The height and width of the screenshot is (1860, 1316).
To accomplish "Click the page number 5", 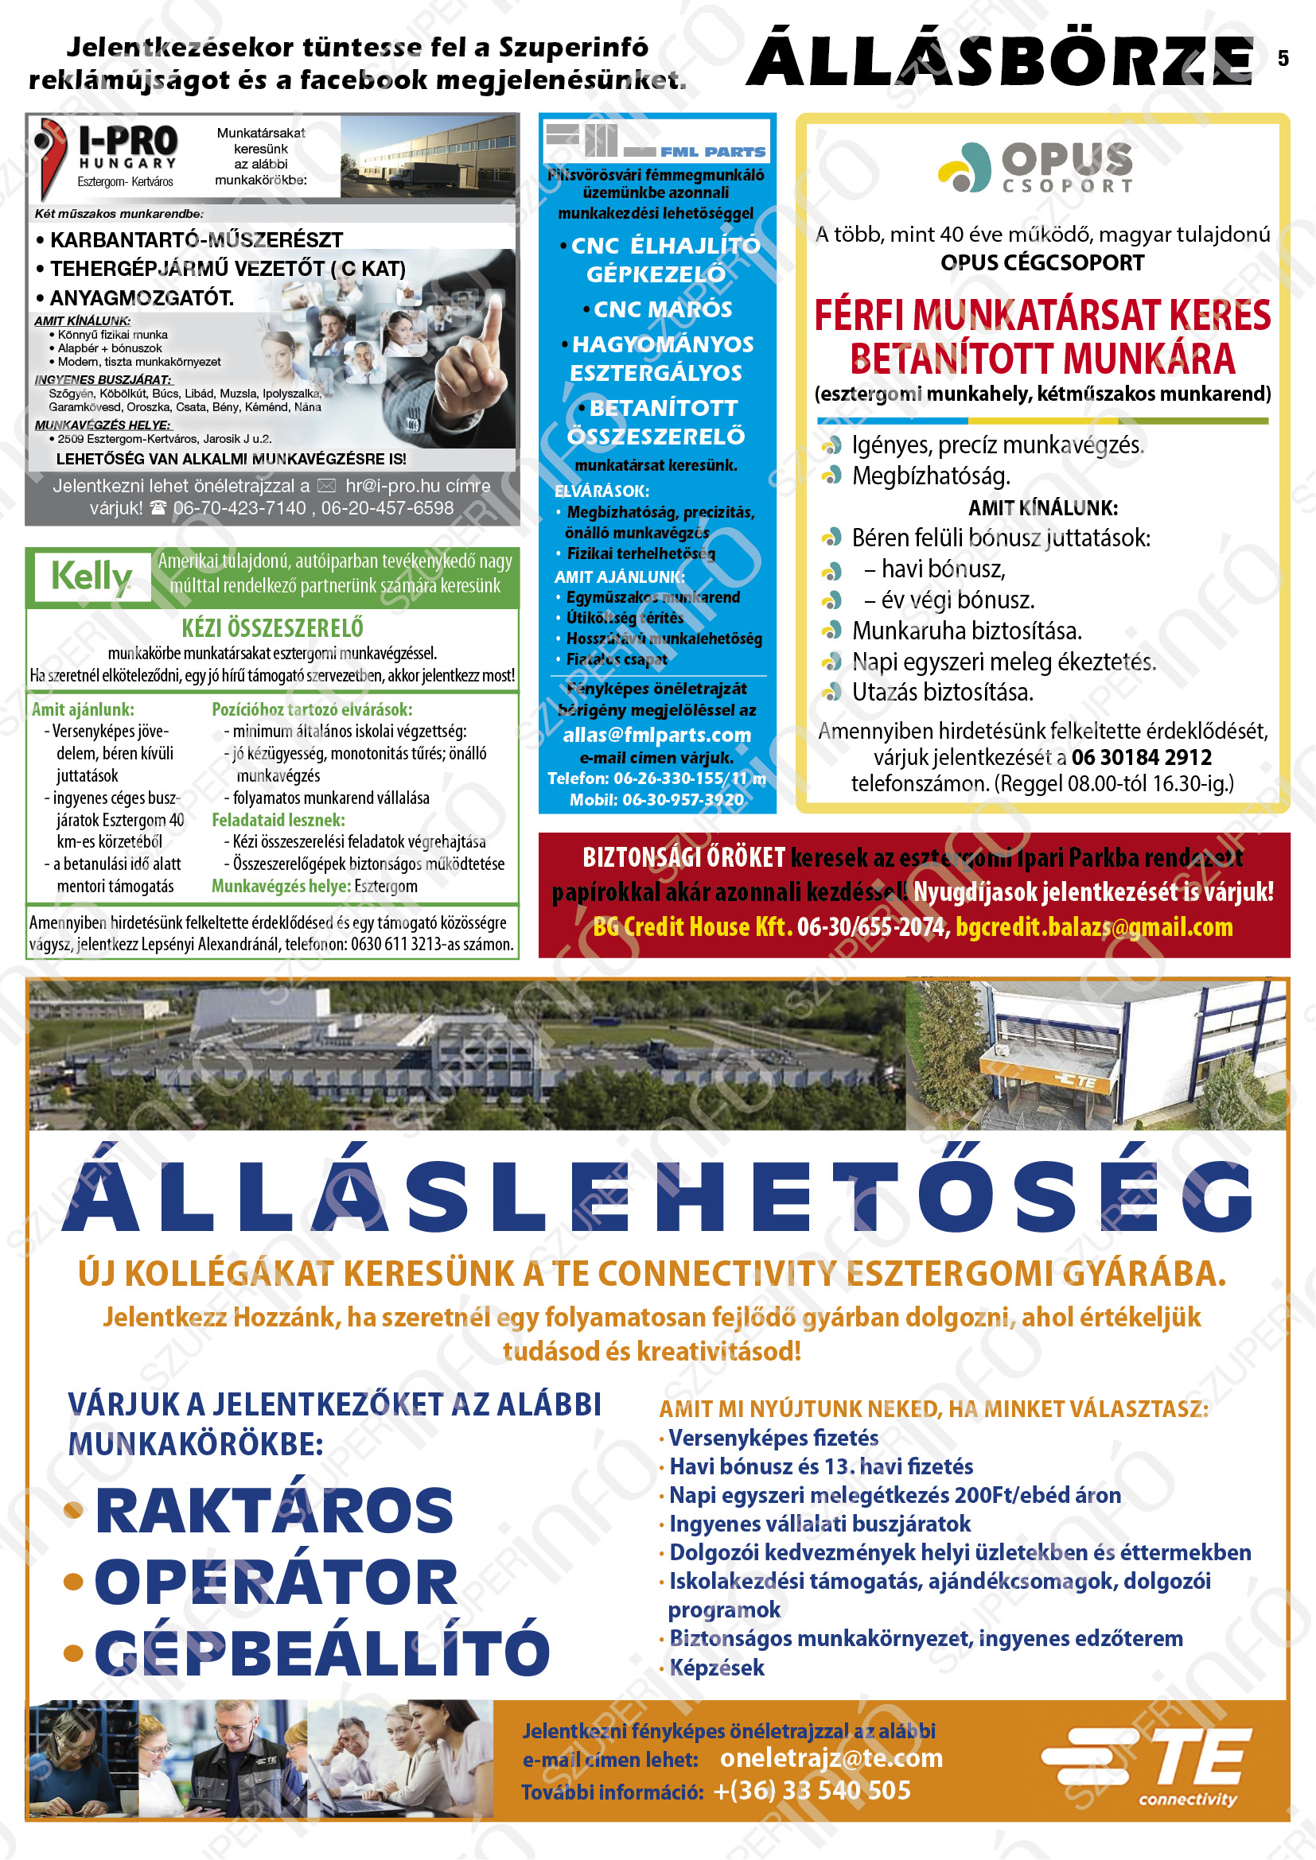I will [x=1283, y=58].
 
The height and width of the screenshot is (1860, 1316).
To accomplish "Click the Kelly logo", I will [x=91, y=577].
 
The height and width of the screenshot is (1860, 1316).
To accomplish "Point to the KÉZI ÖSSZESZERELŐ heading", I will [x=272, y=628].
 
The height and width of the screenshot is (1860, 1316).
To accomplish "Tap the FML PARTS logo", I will [x=656, y=141].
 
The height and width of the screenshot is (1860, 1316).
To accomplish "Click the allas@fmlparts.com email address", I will [x=656, y=735].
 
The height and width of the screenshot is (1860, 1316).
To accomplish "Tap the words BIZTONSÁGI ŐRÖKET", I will [x=684, y=857].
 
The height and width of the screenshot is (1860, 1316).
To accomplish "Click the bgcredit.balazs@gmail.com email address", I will [x=1094, y=926].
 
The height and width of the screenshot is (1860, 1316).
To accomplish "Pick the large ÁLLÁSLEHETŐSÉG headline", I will [x=657, y=1199].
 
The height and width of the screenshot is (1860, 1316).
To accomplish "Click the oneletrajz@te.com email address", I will [x=831, y=1758].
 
